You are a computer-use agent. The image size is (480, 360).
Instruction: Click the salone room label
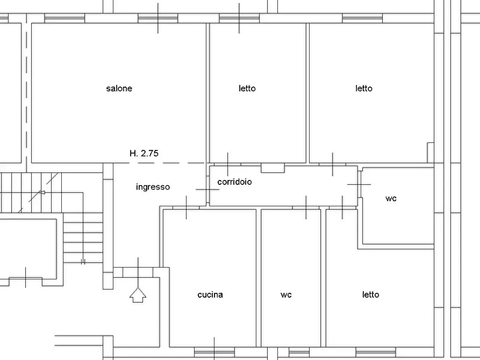(119, 88)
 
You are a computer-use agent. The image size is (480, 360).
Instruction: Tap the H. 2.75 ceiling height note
(144, 153)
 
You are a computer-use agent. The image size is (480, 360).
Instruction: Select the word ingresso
(153, 187)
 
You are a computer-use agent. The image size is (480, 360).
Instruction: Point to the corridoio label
(234, 182)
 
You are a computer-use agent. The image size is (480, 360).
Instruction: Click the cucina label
(210, 294)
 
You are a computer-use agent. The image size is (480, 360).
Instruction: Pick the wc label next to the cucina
(286, 294)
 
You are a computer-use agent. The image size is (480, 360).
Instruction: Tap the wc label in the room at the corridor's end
(391, 198)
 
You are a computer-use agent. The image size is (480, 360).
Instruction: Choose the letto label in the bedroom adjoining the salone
(247, 88)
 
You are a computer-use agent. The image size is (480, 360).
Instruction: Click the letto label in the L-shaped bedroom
(370, 294)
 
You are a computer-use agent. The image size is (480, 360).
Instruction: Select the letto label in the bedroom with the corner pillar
(364, 88)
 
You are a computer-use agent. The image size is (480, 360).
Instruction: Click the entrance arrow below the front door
(138, 294)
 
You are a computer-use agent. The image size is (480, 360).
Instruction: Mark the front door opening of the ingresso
(138, 272)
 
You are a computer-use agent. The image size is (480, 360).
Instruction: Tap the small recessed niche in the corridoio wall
(273, 168)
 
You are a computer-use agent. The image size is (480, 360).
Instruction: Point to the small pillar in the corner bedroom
(430, 153)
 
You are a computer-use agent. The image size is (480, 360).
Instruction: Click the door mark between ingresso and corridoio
(207, 189)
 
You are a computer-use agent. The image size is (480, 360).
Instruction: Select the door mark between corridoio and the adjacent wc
(359, 184)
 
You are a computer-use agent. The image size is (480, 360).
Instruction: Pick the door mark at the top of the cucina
(187, 207)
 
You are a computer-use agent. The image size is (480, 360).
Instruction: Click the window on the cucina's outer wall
(214, 351)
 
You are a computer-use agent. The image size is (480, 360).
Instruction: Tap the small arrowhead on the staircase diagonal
(41, 192)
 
